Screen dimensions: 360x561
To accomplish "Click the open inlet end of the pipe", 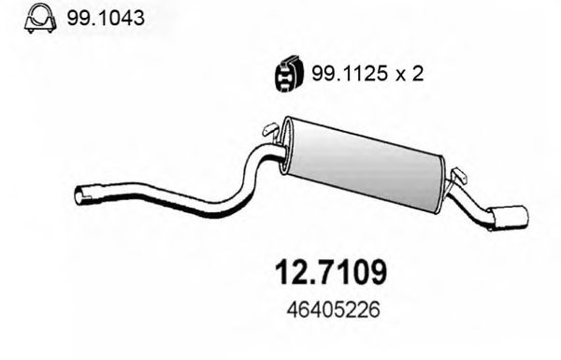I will [x=79, y=196].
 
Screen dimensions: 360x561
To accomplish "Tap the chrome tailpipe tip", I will [x=511, y=216].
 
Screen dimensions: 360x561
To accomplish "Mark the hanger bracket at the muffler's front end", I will [x=270, y=129].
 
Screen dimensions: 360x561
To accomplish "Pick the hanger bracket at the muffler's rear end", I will [x=459, y=176].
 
